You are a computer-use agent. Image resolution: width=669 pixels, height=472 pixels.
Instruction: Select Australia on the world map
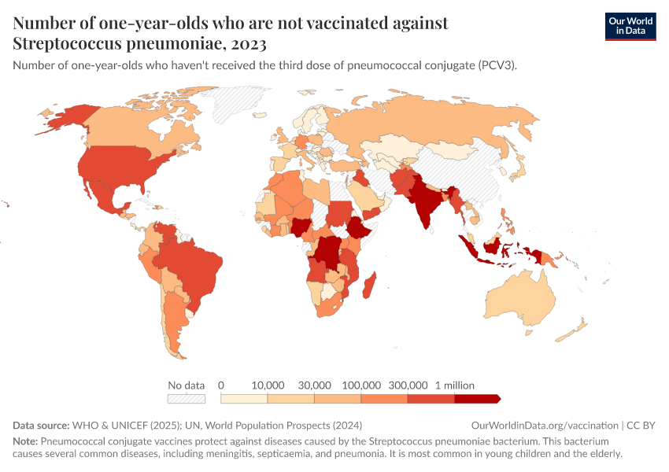[x=520, y=303]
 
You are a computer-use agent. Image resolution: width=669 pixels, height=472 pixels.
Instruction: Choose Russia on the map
[x=441, y=126]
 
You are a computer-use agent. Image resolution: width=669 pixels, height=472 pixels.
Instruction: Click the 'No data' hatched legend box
[x=187, y=399]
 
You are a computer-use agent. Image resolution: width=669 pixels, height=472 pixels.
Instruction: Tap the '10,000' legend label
[x=268, y=385]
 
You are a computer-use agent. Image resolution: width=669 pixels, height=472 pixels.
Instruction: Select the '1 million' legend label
[x=454, y=385]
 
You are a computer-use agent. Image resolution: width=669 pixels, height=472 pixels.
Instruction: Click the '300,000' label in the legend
[x=408, y=385]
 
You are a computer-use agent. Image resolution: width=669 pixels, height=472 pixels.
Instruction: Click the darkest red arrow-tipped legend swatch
[x=477, y=399]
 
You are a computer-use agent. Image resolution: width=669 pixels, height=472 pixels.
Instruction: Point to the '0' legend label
[x=221, y=385]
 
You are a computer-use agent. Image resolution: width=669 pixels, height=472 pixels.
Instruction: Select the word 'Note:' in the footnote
[x=25, y=441]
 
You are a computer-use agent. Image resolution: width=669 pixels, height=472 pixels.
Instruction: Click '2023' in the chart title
[x=248, y=42]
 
